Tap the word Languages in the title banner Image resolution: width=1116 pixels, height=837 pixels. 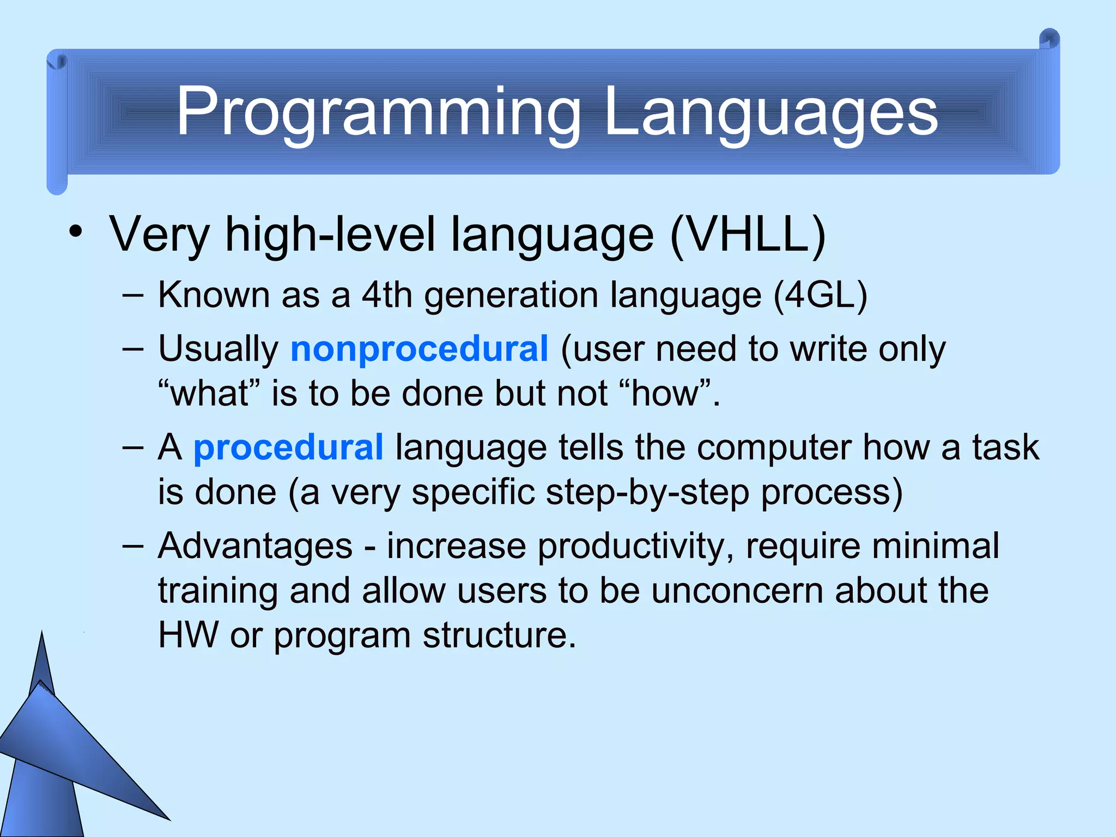[771, 113]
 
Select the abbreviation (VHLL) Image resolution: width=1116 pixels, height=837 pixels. [748, 235]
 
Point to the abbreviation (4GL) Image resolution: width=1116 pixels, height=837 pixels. [820, 295]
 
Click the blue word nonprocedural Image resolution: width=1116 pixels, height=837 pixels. [418, 349]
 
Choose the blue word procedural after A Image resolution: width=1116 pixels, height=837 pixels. [288, 448]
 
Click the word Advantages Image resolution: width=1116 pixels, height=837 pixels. [255, 546]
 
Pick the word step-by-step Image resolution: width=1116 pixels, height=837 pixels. [647, 493]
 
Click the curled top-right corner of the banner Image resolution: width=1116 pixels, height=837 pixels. [1049, 40]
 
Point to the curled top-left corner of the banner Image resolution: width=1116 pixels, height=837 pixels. [57, 62]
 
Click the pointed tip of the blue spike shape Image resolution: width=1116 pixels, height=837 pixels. [43, 634]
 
